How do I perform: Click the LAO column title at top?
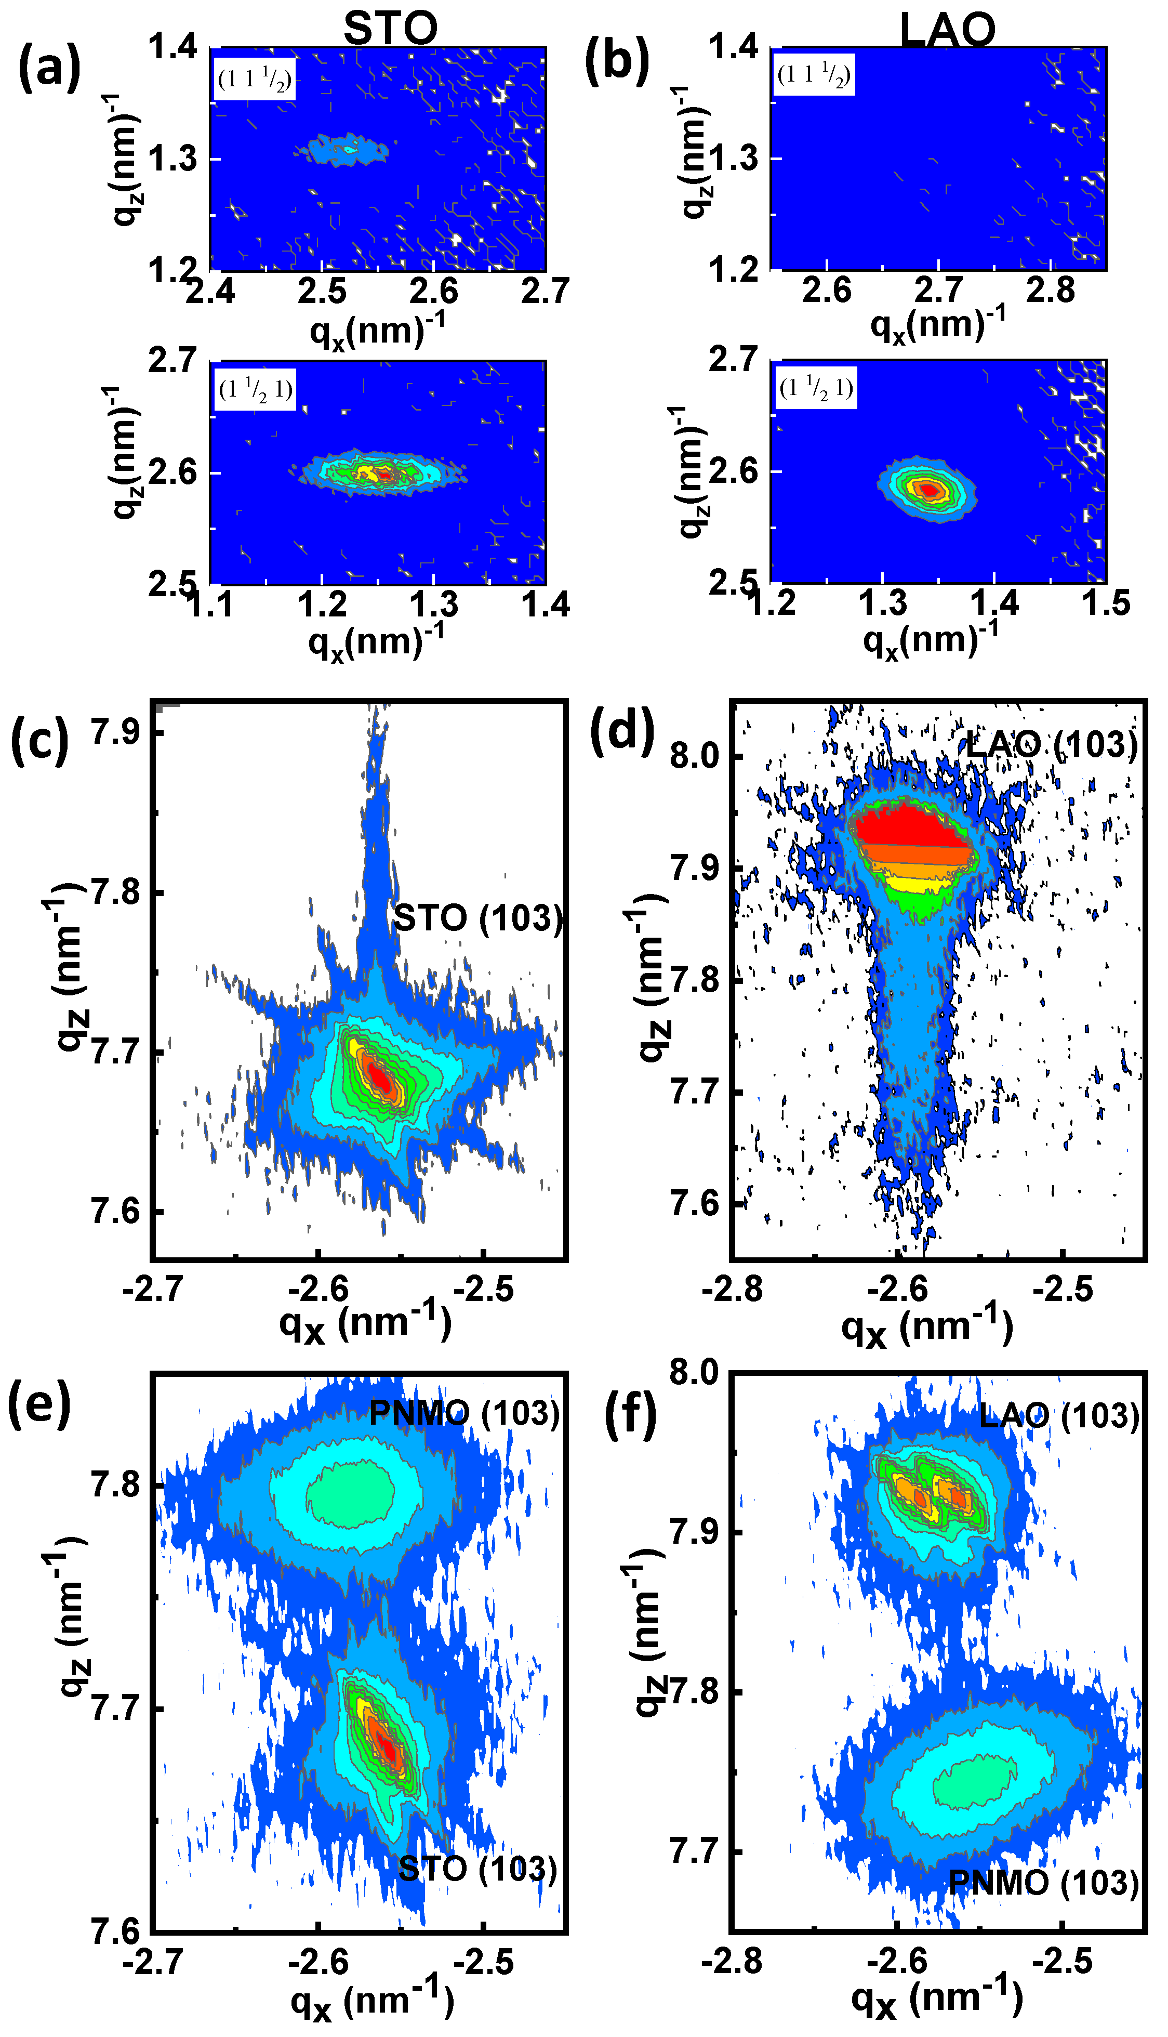coord(947,30)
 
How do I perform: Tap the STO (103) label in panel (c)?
coord(478,918)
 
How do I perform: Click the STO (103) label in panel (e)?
coord(478,1869)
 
